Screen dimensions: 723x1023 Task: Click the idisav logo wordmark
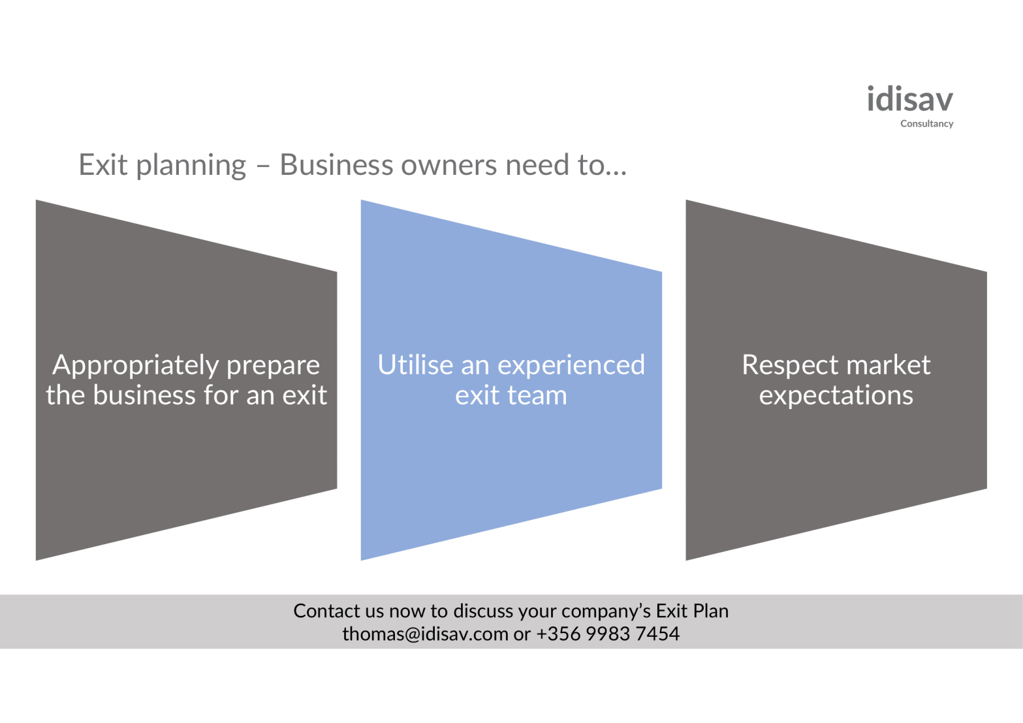pyautogui.click(x=909, y=100)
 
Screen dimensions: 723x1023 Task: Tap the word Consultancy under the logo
pyautogui.click(x=926, y=124)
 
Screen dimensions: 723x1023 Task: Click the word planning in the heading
pyautogui.click(x=191, y=166)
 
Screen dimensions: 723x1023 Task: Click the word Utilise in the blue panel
pyautogui.click(x=415, y=365)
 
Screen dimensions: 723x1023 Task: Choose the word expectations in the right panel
pyautogui.click(x=836, y=396)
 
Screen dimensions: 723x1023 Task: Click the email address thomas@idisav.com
pyautogui.click(x=425, y=634)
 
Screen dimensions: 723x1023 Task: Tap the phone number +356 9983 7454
pyautogui.click(x=608, y=634)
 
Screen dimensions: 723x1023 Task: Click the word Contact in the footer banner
pyautogui.click(x=326, y=611)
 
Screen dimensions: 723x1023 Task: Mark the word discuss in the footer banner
pyautogui.click(x=483, y=611)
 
